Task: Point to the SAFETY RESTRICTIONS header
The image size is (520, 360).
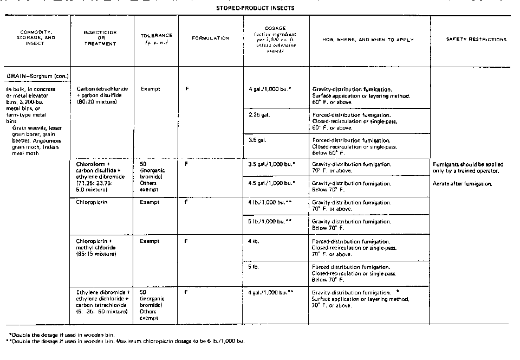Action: click(476, 39)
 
